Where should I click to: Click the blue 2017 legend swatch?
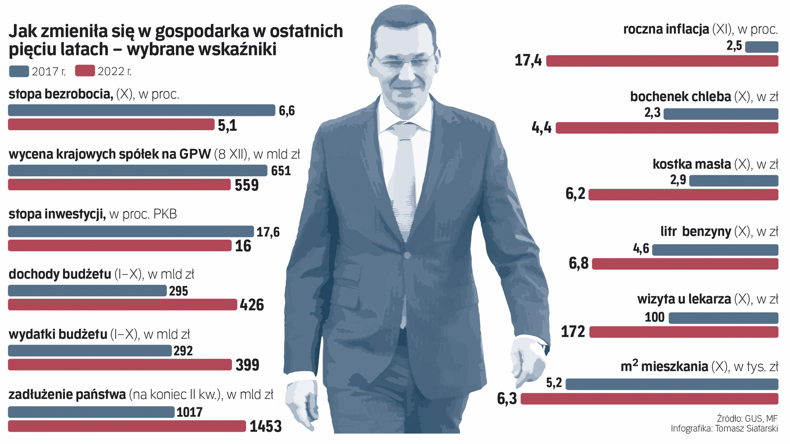tap(19, 71)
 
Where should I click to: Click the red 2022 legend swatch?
tap(85, 71)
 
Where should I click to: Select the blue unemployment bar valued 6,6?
tap(142, 110)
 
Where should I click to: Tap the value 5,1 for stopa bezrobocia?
tap(227, 125)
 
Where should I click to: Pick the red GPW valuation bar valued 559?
tap(119, 185)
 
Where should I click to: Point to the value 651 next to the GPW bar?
tap(281, 171)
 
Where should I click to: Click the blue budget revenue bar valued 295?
tap(87, 291)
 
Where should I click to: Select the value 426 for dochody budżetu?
tap(252, 305)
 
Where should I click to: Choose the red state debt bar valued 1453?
tap(127, 426)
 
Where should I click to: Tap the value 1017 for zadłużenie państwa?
tap(189, 412)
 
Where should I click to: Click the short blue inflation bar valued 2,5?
tap(762, 47)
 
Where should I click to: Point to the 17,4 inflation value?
tap(528, 61)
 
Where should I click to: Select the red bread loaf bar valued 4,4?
tap(667, 128)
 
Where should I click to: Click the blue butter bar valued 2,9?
tap(734, 180)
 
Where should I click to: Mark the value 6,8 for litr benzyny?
tap(579, 263)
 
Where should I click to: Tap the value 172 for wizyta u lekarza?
tap(573, 331)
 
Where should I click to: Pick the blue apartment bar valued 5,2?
tap(671, 384)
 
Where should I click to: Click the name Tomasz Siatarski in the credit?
tap(746, 428)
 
